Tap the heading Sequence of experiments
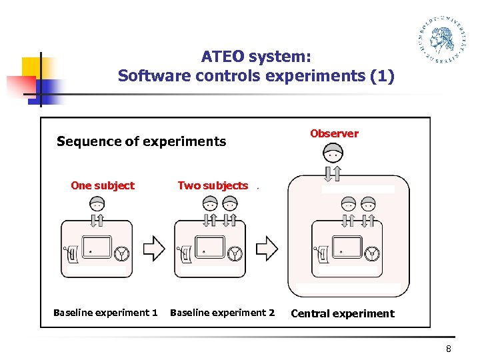pyautogui.click(x=141, y=141)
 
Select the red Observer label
pyautogui.click(x=334, y=133)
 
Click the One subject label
pyautogui.click(x=103, y=185)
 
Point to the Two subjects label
pyautogui.click(x=213, y=185)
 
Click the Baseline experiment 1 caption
pyautogui.click(x=105, y=313)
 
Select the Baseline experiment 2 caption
pyautogui.click(x=222, y=313)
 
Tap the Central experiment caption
pyautogui.click(x=343, y=313)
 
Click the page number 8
pyautogui.click(x=449, y=349)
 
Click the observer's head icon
pyautogui.click(x=333, y=155)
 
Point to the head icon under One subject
pyautogui.click(x=97, y=203)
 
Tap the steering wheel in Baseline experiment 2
pyautogui.click(x=235, y=253)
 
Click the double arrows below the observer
pyautogui.click(x=333, y=173)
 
